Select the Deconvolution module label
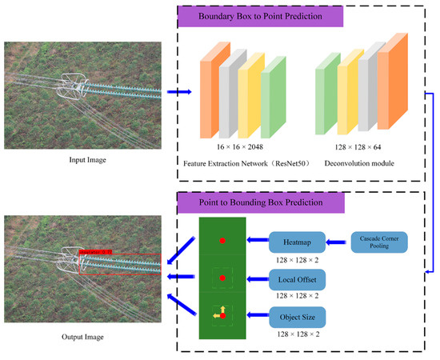coord(360,164)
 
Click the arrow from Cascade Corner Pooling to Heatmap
coord(339,240)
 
